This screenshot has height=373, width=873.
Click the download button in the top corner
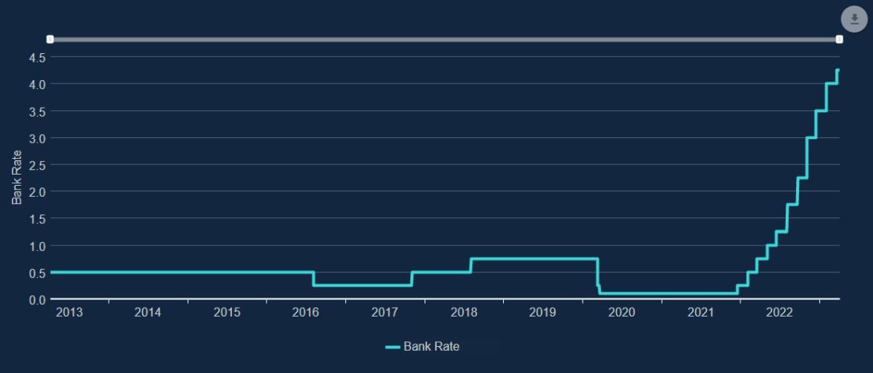tap(854, 20)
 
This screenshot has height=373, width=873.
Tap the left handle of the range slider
tap(50, 39)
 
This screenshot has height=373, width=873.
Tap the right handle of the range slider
tap(839, 39)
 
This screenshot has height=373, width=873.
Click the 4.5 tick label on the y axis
tap(37, 57)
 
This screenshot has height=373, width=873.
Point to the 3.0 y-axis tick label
tap(37, 138)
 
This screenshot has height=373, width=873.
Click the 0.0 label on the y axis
tap(37, 300)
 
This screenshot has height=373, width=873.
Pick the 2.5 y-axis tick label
tap(37, 165)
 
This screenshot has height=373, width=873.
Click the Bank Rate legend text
tap(431, 347)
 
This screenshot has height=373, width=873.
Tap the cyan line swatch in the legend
tap(393, 347)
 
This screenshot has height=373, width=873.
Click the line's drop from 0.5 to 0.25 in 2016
tap(313, 279)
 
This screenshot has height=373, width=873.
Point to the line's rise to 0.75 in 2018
tap(471, 265)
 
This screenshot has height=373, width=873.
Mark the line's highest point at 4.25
tap(837, 71)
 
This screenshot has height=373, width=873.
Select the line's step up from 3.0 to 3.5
tap(817, 124)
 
